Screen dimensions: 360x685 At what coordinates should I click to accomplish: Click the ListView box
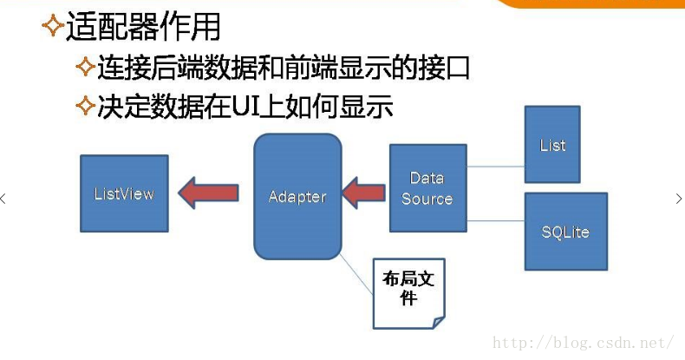(x=123, y=193)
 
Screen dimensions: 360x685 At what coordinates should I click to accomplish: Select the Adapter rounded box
(x=297, y=196)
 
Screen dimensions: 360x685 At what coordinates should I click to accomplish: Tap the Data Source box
(x=427, y=187)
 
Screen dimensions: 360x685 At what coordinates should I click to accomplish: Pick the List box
(x=552, y=144)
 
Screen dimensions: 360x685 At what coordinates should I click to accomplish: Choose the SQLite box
(x=565, y=232)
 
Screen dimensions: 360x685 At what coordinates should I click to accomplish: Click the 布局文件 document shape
(x=408, y=292)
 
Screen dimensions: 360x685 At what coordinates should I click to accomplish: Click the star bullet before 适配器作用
(x=52, y=26)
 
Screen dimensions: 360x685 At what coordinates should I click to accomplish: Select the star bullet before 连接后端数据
(x=84, y=67)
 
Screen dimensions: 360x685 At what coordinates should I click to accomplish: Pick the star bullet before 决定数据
(x=84, y=106)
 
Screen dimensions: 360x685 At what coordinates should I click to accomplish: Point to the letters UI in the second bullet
(x=235, y=108)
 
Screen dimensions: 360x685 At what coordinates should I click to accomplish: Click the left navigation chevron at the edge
(x=3, y=199)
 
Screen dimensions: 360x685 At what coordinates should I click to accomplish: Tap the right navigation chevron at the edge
(x=678, y=199)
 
